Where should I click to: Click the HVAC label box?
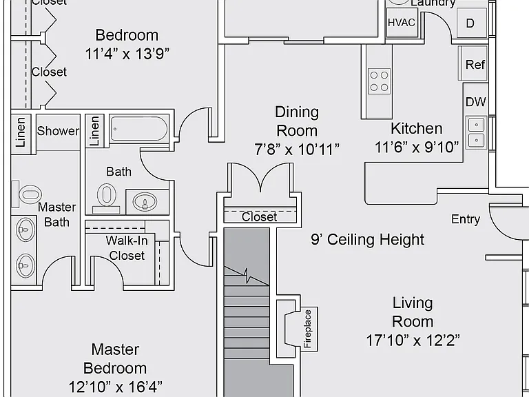[x=402, y=22]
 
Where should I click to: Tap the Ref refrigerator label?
[x=475, y=64]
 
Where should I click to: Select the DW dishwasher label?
[x=476, y=101]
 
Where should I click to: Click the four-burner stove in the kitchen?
[x=380, y=81]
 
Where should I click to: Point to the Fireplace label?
[x=307, y=329]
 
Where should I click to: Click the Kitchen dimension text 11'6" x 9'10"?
[x=417, y=147]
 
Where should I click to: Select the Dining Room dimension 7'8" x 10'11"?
[x=297, y=149]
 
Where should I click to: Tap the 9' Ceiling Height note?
[x=367, y=240]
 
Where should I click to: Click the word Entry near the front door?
[x=466, y=219]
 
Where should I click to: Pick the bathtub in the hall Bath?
[x=138, y=128]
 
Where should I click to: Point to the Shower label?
[x=58, y=131]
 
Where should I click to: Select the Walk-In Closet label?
[x=127, y=248]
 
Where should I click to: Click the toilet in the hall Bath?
[x=106, y=198]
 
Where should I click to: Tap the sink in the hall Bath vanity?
[x=145, y=202]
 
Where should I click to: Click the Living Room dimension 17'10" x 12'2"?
[x=413, y=340]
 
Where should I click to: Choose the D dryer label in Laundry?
[x=470, y=23]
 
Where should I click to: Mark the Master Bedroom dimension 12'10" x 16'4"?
[x=116, y=387]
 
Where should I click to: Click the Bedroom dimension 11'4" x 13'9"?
[x=127, y=54]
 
